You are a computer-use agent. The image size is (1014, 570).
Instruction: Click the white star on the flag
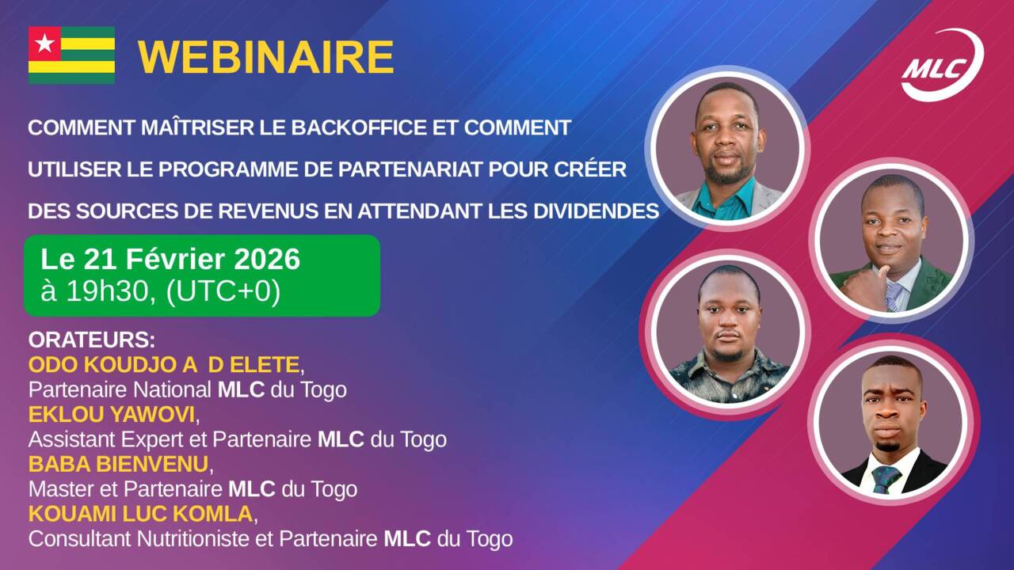(x=45, y=44)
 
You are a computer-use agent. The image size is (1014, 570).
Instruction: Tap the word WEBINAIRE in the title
(x=265, y=58)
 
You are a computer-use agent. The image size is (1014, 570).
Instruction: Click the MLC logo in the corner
(x=942, y=65)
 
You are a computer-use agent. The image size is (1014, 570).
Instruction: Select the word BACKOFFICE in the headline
(x=358, y=127)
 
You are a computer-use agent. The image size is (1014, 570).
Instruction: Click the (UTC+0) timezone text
(x=223, y=292)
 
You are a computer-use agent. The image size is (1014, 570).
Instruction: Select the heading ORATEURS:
(x=91, y=340)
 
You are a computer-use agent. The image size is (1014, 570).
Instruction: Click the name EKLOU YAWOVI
(x=112, y=414)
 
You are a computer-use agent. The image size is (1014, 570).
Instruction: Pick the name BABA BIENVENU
(x=119, y=464)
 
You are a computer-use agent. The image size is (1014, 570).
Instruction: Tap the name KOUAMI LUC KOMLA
(x=140, y=514)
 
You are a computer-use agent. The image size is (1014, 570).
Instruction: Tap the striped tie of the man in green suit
(x=893, y=296)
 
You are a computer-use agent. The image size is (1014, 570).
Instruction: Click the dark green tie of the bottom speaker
(x=886, y=480)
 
